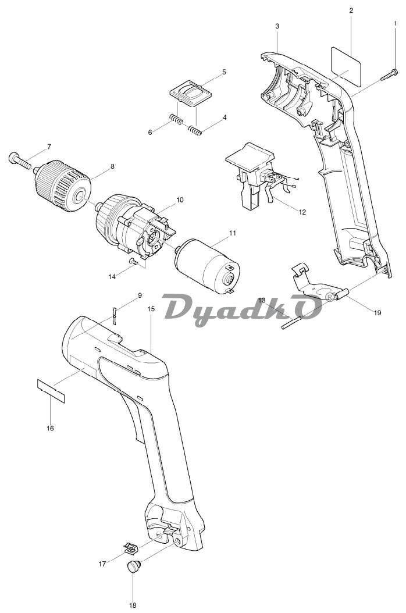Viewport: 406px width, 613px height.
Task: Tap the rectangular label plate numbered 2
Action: pyautogui.click(x=346, y=66)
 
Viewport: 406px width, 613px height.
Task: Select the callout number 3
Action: pyautogui.click(x=277, y=26)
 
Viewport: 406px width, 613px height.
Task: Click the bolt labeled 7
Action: pyautogui.click(x=21, y=160)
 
